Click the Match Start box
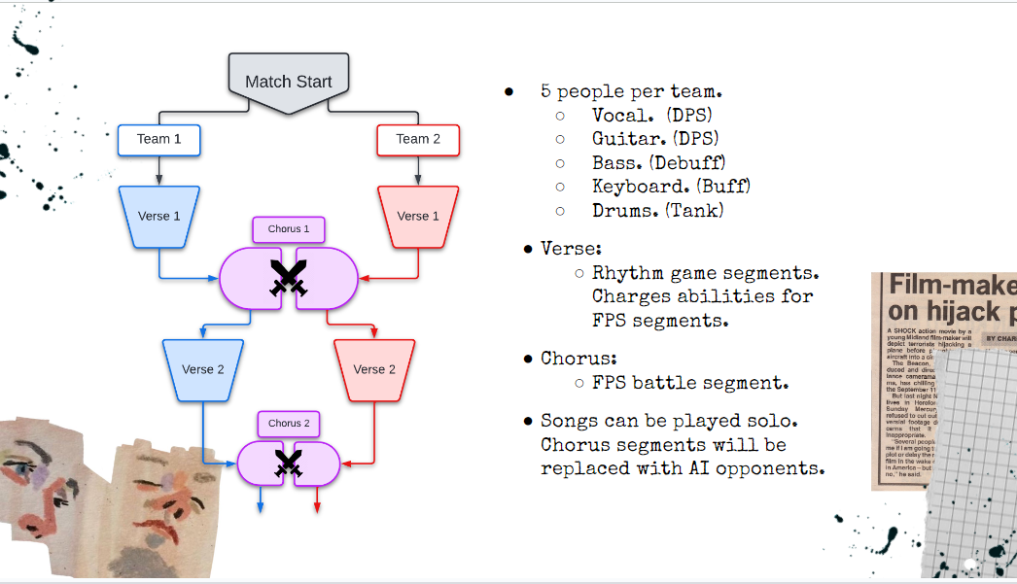click(x=289, y=82)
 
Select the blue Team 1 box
click(x=159, y=139)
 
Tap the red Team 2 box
click(x=418, y=139)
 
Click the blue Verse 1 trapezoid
click(x=158, y=216)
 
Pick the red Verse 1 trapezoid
click(x=418, y=216)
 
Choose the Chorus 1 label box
click(x=289, y=229)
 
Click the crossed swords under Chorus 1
click(x=289, y=278)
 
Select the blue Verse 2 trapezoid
click(x=202, y=369)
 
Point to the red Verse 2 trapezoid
click(x=374, y=369)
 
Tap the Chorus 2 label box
click(x=289, y=424)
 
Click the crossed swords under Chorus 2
click(x=289, y=464)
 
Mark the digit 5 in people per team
click(x=546, y=92)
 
